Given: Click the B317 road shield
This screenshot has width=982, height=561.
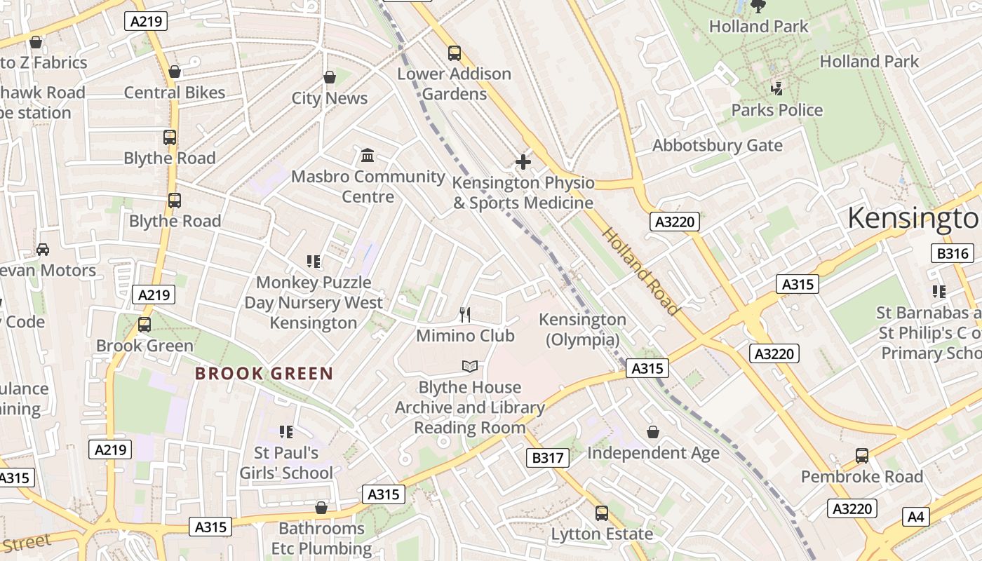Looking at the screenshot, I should [547, 459].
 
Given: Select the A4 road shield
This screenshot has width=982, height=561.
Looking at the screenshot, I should [916, 518].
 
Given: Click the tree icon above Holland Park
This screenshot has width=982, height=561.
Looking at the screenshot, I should [758, 6].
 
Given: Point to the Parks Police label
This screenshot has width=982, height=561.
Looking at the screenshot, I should [776, 110].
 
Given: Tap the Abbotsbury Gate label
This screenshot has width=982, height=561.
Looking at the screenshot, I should [717, 145].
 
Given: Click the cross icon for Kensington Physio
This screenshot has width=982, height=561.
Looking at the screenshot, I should [523, 162].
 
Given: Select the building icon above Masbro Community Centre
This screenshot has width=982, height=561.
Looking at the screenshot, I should [368, 155].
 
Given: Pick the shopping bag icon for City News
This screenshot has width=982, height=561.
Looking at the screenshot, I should [329, 76].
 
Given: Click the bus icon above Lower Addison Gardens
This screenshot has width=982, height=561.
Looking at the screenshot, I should [455, 53].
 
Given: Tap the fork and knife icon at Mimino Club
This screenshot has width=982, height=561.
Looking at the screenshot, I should [464, 314].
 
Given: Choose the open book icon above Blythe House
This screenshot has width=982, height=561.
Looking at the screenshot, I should [469, 366].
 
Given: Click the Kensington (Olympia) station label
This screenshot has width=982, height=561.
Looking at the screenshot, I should [582, 330].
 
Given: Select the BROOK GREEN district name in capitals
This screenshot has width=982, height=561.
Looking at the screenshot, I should [264, 373].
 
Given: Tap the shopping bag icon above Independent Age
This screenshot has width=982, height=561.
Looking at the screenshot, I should [653, 432].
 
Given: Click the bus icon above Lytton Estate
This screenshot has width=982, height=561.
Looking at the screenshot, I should [601, 513].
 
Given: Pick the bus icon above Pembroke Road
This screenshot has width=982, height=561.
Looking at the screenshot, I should [862, 456].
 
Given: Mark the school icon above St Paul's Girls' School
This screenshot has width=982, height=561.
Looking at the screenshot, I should [285, 431].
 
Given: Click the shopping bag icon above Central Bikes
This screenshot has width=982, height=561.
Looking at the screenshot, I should [175, 72].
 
